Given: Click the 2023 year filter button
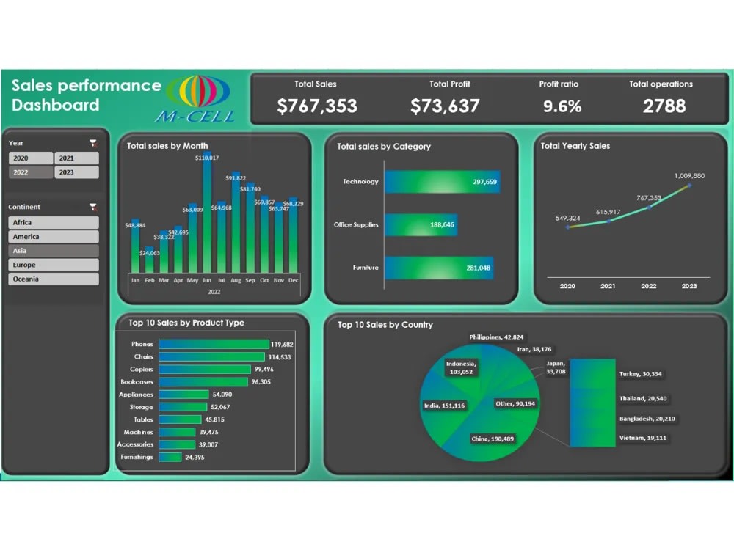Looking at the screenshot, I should point(76,172).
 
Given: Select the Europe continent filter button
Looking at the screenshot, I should point(54,265).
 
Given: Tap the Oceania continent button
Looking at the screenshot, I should point(54,279).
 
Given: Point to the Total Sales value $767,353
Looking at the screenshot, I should point(317,106).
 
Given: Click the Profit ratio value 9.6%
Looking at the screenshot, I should point(562,106).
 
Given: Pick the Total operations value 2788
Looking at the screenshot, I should point(664,106).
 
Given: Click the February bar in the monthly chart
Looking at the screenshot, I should point(149,264).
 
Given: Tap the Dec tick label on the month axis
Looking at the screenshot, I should point(294,280).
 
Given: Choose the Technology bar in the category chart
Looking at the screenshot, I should point(442,182).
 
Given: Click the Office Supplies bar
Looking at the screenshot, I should point(421,224).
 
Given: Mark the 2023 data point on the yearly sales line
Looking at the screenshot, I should point(689,185).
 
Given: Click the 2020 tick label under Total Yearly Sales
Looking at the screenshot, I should point(567,286).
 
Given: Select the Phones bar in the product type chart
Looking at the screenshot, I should point(214,344).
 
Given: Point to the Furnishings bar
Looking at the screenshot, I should point(170,457).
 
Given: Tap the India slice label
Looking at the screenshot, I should point(443,406).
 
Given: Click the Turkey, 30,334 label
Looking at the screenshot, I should point(641,374).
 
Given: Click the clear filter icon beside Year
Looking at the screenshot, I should point(92,143).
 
